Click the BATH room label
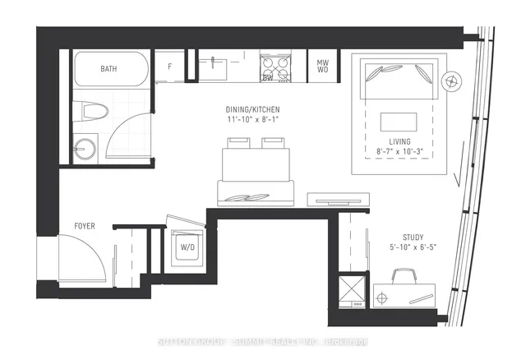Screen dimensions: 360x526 (x=108, y=68)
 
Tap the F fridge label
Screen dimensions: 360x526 (x=170, y=66)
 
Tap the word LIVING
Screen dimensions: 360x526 (x=400, y=141)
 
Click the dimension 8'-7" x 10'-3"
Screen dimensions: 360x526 (x=400, y=152)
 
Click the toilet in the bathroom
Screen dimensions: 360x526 (x=90, y=113)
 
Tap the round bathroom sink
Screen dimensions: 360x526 (x=84, y=149)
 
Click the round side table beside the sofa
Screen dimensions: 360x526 (x=451, y=81)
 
